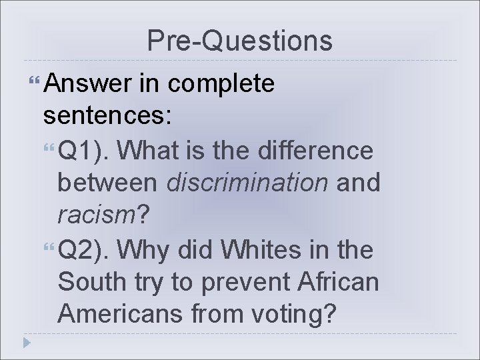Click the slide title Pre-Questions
(239, 41)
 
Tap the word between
(107, 183)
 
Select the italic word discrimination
(247, 183)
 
